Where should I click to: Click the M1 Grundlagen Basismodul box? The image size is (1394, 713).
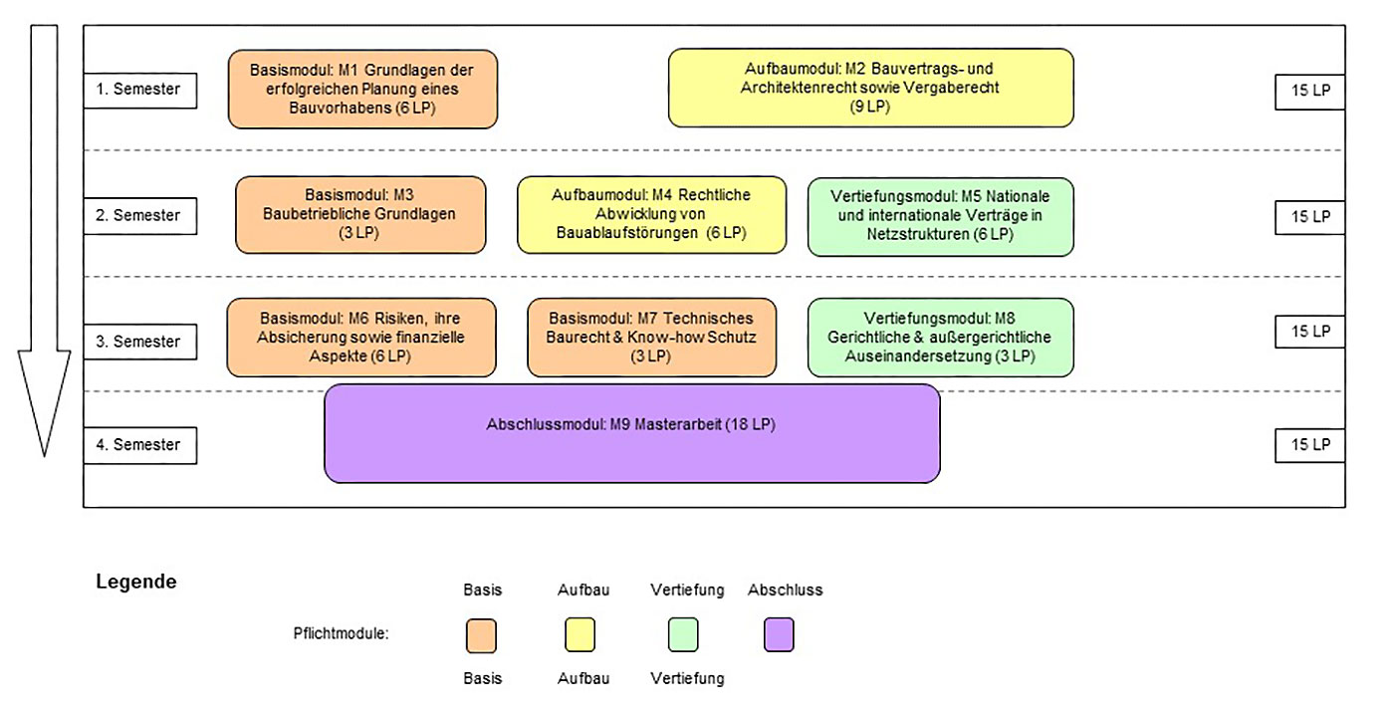tap(362, 90)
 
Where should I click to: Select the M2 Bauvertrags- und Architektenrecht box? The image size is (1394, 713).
tap(870, 88)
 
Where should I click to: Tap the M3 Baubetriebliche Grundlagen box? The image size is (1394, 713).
tap(360, 215)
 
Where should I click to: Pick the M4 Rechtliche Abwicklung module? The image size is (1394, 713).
tap(651, 215)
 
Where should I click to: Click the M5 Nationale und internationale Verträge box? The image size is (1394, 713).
tap(940, 216)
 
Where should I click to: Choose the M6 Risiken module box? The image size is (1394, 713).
tap(360, 338)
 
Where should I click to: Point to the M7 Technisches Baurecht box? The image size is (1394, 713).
tap(651, 338)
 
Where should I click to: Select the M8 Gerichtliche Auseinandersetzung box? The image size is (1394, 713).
tap(940, 338)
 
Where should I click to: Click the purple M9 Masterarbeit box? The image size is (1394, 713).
tap(631, 433)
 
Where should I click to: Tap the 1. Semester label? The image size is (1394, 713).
tap(140, 91)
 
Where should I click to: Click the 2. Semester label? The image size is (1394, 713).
tap(140, 216)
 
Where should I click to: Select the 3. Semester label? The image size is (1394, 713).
tap(140, 342)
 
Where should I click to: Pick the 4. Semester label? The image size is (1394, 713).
tap(140, 445)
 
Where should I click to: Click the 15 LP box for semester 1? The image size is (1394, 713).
tap(1310, 92)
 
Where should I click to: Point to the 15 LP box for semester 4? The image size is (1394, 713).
tap(1310, 445)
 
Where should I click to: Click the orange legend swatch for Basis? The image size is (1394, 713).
tap(481, 635)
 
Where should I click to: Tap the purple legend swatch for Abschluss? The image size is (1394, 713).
tap(779, 634)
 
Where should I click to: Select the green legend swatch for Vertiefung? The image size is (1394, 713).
tap(683, 634)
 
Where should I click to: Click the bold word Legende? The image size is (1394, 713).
tap(136, 582)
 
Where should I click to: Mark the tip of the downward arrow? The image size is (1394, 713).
tap(44, 457)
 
